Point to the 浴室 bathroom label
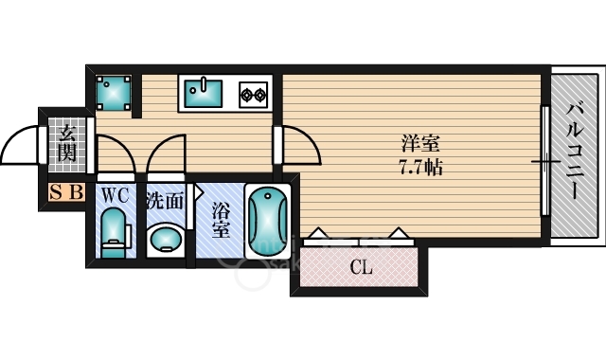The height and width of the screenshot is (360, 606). [219, 219]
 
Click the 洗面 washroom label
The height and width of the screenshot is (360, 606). [164, 200]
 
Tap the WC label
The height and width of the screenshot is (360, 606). [115, 196]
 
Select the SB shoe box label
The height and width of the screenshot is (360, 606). [67, 193]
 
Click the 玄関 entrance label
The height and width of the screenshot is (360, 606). [65, 140]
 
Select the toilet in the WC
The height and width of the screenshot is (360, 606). [115, 232]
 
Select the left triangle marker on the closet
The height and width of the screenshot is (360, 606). [316, 232]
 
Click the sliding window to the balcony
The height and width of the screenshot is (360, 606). [545, 161]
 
